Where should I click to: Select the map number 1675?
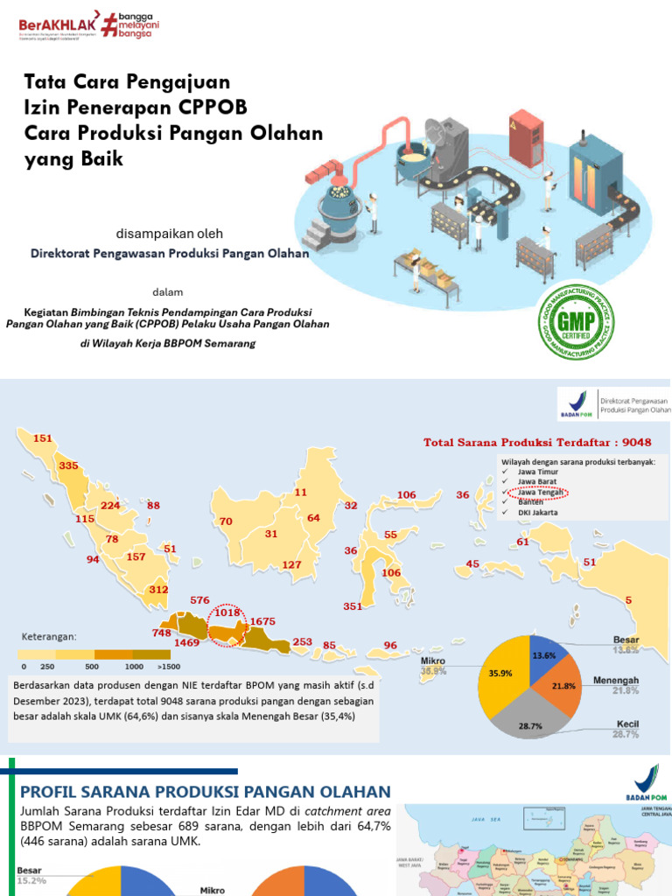pyautogui.click(x=262, y=621)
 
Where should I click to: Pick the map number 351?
pyautogui.click(x=353, y=605)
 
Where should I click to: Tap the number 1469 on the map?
pyautogui.click(x=187, y=642)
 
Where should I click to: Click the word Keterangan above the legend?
pyautogui.click(x=50, y=636)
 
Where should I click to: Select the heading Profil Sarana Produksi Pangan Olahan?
pyautogui.click(x=205, y=792)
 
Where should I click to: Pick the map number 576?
pyautogui.click(x=200, y=600)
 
